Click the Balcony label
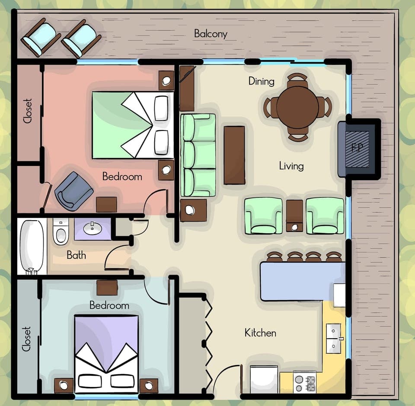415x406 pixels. pos(211,34)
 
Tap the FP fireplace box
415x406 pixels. pos(357,148)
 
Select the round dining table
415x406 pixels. pos(297,107)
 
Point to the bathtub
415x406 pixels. pos(32,247)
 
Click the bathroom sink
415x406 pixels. pos(93,229)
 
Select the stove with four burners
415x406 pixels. pos(304,382)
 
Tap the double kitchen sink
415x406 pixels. pos(333,338)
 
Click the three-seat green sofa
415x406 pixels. pos(198,155)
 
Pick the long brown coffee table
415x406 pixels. pos(234,155)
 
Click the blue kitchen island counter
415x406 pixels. pos(298,281)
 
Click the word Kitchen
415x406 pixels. pos(260,333)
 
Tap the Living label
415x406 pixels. pos(291,166)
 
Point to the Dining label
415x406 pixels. pos(261,81)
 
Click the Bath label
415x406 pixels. pos(76,255)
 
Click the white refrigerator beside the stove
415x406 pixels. pos(264,379)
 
